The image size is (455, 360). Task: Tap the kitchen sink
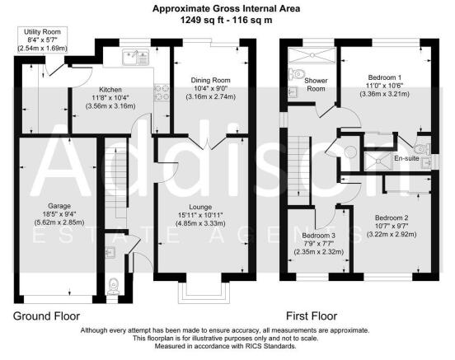[x=134, y=57]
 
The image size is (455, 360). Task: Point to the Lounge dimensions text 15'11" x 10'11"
[x=212, y=216]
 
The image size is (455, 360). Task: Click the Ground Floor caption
[x=47, y=316]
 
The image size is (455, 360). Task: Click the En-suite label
[x=407, y=157]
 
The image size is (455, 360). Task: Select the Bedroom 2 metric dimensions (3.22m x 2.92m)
[x=386, y=233]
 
